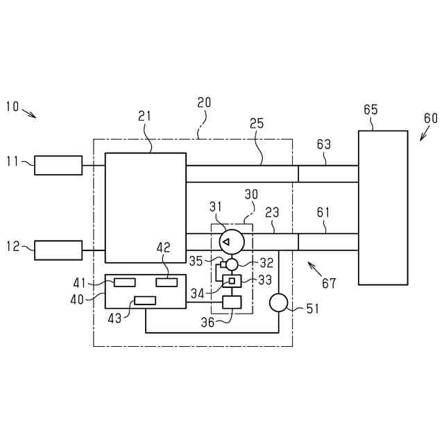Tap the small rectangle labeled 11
pyautogui.click(x=58, y=165)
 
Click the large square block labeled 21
pyautogui.click(x=145, y=207)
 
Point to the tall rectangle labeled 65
pyautogui.click(x=382, y=207)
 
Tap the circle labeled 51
pyautogui.click(x=277, y=303)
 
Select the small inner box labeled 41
pyautogui.click(x=125, y=282)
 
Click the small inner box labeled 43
pyautogui.click(x=145, y=300)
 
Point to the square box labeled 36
pyautogui.click(x=231, y=302)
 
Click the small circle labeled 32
pyautogui.click(x=232, y=264)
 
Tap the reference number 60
pyautogui.click(x=431, y=118)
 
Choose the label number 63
pyautogui.click(x=323, y=144)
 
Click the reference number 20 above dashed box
pyautogui.click(x=204, y=103)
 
